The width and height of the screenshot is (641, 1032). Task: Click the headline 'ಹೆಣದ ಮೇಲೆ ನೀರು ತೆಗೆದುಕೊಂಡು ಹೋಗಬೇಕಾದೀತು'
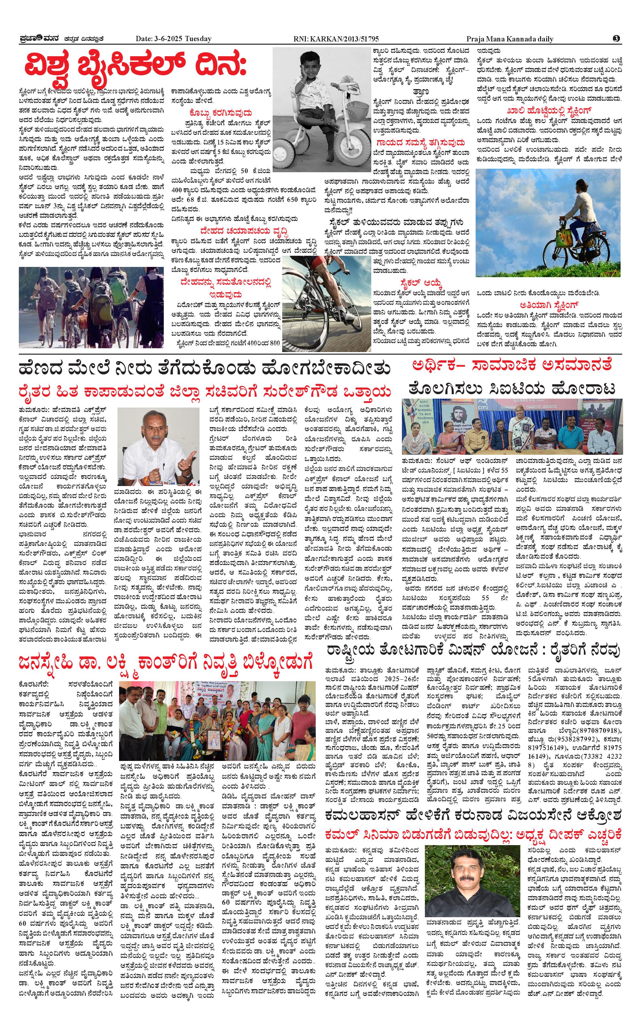204,368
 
